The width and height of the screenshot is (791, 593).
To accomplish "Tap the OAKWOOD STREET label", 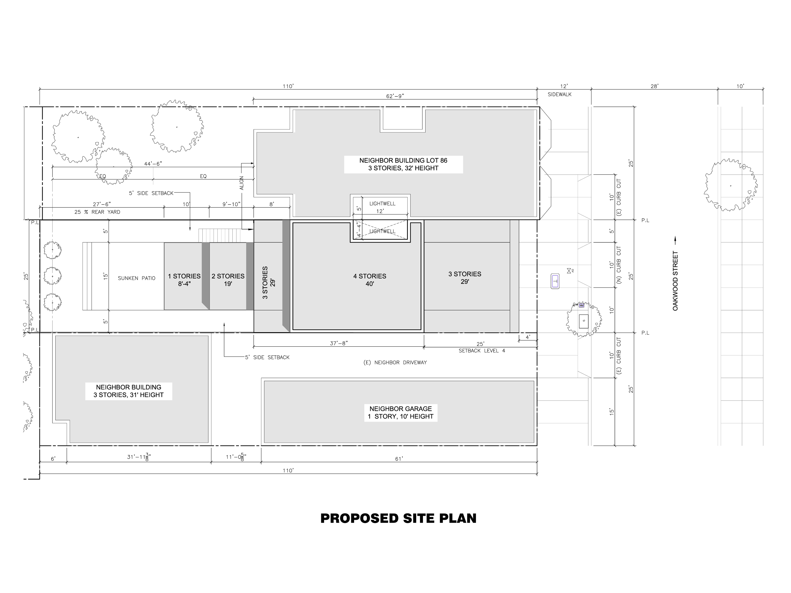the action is tap(675, 281).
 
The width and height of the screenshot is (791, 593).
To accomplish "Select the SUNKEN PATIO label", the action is tap(137, 278).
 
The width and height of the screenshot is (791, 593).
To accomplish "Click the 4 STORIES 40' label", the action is tap(370, 280).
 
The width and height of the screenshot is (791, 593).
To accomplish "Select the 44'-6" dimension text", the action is tap(153, 164).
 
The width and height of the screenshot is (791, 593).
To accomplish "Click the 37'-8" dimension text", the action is tap(339, 343).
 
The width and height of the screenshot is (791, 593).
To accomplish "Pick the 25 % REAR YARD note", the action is tap(97, 212).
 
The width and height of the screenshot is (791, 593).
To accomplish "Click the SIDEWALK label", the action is tap(560, 94).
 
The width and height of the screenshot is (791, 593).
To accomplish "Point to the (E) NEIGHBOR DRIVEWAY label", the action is tap(395, 362).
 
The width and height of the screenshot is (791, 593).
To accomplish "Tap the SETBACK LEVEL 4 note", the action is tap(482, 351).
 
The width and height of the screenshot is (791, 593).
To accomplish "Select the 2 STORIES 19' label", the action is tap(228, 280).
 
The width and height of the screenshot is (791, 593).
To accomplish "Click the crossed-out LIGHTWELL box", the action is tap(380, 230).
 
